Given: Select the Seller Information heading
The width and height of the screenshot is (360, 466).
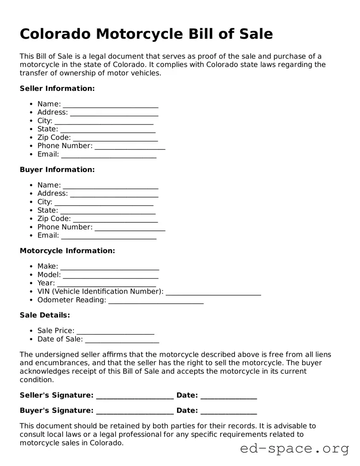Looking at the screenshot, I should point(57,88).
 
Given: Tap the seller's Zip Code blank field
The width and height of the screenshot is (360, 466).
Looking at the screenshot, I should point(115,138).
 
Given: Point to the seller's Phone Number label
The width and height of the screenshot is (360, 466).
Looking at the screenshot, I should point(65,146).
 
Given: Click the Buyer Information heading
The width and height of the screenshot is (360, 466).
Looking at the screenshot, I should point(57,169).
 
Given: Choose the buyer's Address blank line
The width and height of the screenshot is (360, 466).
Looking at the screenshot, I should point(114,194).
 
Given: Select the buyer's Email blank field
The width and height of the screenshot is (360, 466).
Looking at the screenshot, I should point(109,236).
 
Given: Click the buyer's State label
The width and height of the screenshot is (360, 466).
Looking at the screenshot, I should point(47,210).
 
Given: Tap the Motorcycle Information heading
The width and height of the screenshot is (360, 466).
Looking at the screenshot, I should point(67,250).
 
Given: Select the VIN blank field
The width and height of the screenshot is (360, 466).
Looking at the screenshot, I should point(213,292).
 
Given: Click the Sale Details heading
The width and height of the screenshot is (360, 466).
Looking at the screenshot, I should point(45,315).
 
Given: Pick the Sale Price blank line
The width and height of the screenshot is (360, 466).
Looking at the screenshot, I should point(115,331).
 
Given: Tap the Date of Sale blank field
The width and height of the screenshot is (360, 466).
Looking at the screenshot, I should point(122,340).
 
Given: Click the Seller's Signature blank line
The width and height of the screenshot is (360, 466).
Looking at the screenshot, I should point(135,396).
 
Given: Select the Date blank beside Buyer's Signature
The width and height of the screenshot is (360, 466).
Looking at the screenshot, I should point(229,411).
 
